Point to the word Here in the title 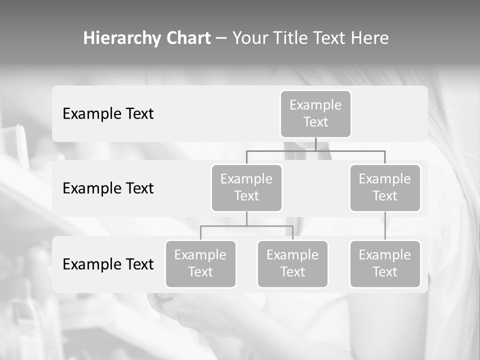coord(370,38)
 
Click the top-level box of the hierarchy coord(315,114)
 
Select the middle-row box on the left coord(246,188)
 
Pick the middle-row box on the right coord(385,188)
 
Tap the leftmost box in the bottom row coord(200,264)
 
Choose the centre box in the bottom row coord(292,264)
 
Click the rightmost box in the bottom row coord(385,264)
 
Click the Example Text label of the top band coord(108,114)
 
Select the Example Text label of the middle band coord(108,188)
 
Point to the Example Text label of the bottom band coord(108,264)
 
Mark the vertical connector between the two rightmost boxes coord(385,226)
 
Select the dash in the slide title coord(221,38)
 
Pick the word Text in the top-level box coord(315,122)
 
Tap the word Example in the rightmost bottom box coord(385,255)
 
